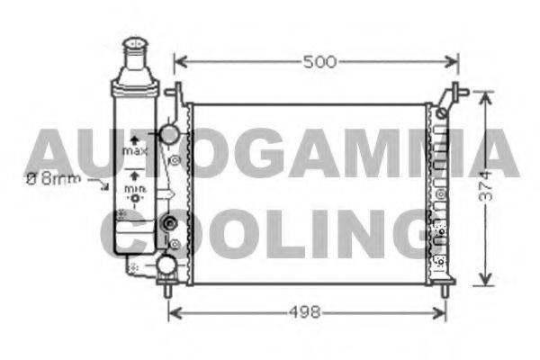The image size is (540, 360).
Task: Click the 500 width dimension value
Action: click(x=319, y=62)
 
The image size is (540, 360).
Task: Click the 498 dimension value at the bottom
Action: click(x=305, y=312)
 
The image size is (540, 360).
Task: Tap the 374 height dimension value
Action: click(x=486, y=186)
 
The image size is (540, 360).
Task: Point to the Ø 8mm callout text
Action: click(x=54, y=179)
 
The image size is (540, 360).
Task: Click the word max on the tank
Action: click(x=135, y=151)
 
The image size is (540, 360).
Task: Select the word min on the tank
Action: click(x=135, y=189)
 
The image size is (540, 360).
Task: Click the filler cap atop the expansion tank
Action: click(x=135, y=44)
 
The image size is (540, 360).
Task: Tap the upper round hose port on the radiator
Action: click(x=169, y=134)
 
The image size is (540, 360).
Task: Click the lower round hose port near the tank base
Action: click(x=167, y=265)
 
